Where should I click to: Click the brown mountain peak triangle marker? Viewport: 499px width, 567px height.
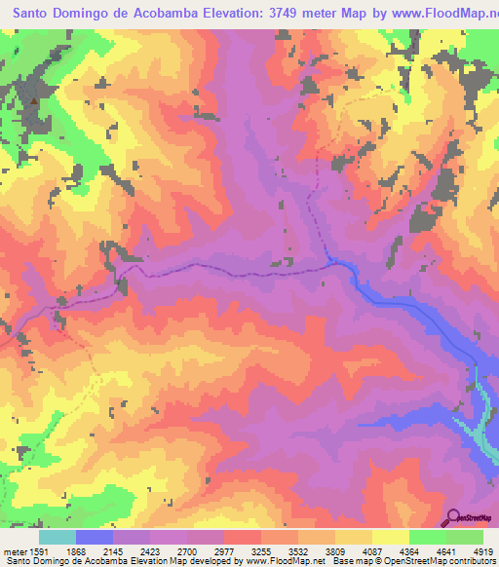pyautogui.click(x=35, y=99)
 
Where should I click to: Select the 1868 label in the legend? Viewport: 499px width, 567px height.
pyautogui.click(x=90, y=550)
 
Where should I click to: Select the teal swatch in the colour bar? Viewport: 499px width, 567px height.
pyautogui.click(x=58, y=537)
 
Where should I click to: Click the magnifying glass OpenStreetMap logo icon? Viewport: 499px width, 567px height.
pyautogui.click(x=454, y=516)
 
